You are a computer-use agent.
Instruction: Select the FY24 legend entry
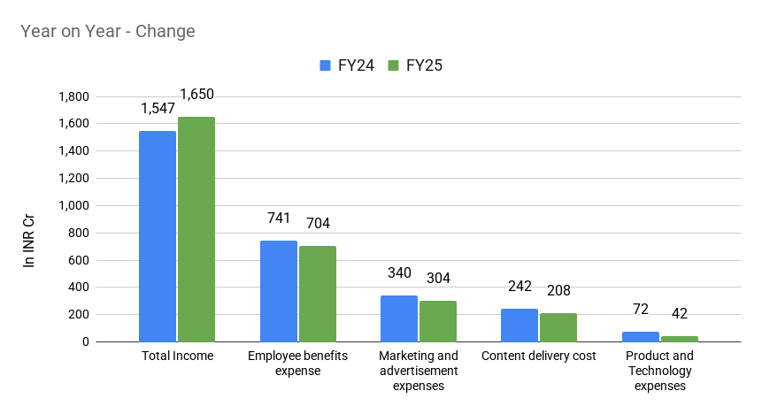[345, 65]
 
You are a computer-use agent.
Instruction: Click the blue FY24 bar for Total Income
[158, 236]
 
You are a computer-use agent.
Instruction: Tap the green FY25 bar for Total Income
[196, 229]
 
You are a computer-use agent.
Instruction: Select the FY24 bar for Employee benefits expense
[278, 291]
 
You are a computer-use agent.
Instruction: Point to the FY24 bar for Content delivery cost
[519, 325]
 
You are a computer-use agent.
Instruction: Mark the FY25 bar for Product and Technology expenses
[679, 339]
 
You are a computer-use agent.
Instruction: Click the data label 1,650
[196, 95]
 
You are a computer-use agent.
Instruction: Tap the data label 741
[278, 218]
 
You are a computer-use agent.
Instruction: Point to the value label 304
[438, 279]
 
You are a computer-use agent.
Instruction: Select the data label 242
[519, 287]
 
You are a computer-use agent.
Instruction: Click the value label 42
[679, 314]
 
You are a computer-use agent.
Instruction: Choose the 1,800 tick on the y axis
[73, 96]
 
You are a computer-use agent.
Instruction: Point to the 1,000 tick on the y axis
[73, 205]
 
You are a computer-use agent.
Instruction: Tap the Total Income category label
[177, 356]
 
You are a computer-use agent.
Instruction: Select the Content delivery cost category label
[538, 356]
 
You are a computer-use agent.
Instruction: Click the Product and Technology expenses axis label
[659, 371]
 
